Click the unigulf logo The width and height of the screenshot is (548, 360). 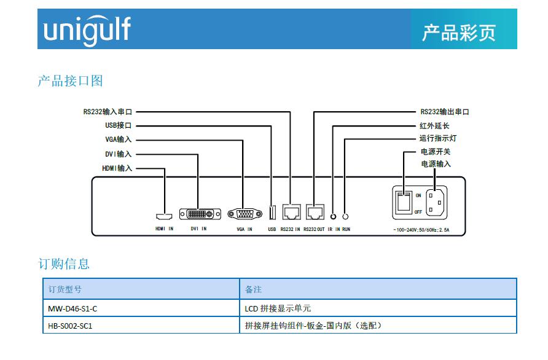87,29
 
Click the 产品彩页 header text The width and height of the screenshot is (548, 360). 458,33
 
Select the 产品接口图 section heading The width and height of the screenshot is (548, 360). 70,80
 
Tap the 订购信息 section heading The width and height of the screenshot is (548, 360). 64,264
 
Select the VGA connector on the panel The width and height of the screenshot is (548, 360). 245,214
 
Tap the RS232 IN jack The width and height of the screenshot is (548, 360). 291,213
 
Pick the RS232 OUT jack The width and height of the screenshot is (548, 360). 315,213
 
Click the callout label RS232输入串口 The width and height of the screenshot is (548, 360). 108,112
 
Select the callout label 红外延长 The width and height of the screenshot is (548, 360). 434,126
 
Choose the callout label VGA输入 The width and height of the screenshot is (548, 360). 118,139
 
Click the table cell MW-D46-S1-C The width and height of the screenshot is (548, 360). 72,308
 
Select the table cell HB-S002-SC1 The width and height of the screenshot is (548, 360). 70,326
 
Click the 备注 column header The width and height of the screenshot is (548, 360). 253,289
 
